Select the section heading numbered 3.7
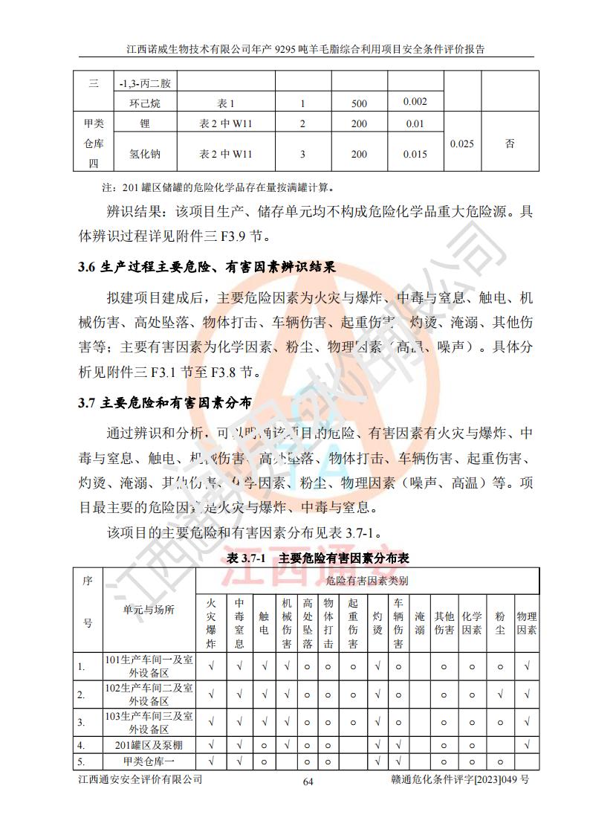click(x=164, y=403)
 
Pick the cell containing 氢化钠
click(x=144, y=154)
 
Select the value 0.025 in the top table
click(x=462, y=144)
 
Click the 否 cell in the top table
click(x=509, y=144)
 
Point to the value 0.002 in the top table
click(x=415, y=101)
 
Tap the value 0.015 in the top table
click(x=415, y=154)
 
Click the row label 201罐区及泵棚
click(x=149, y=744)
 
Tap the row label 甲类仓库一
click(x=149, y=761)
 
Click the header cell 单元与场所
click(x=149, y=610)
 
